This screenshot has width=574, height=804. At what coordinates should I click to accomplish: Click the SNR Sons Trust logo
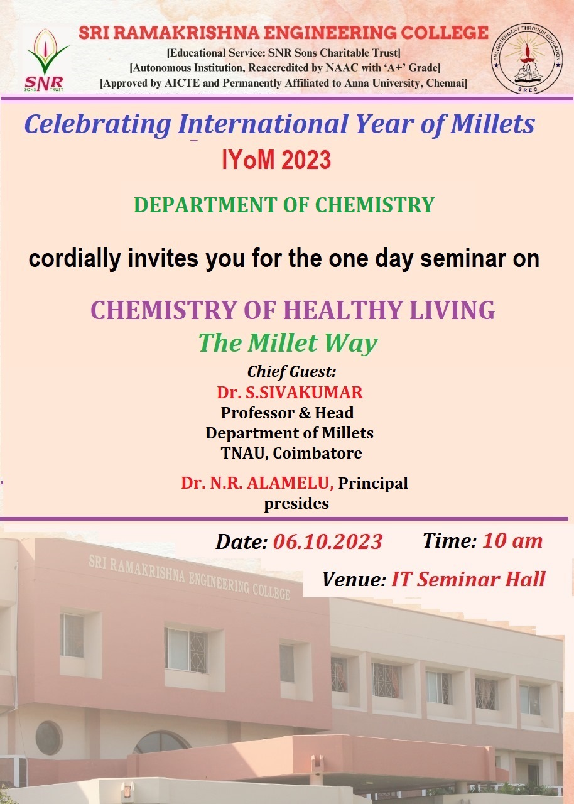46,60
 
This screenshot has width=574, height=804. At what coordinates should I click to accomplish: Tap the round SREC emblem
527,60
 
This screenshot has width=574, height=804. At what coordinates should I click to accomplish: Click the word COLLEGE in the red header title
445,33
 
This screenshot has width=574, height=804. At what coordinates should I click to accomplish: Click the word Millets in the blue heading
493,124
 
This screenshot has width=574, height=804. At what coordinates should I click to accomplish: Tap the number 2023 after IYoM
306,160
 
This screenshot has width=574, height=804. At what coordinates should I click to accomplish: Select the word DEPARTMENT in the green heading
205,205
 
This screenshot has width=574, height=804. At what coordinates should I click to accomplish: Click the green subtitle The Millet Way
288,344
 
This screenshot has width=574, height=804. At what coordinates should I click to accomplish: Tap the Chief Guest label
291,372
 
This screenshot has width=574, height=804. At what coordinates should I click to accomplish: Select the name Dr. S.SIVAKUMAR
290,393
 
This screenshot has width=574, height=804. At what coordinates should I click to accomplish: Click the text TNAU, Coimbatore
291,454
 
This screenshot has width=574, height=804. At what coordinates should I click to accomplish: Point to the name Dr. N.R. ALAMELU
257,484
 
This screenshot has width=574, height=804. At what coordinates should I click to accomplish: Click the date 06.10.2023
328,541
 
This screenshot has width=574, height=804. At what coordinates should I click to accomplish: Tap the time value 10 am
512,541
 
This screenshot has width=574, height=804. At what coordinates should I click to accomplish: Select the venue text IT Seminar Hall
468,579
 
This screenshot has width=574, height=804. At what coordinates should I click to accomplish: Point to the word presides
296,504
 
